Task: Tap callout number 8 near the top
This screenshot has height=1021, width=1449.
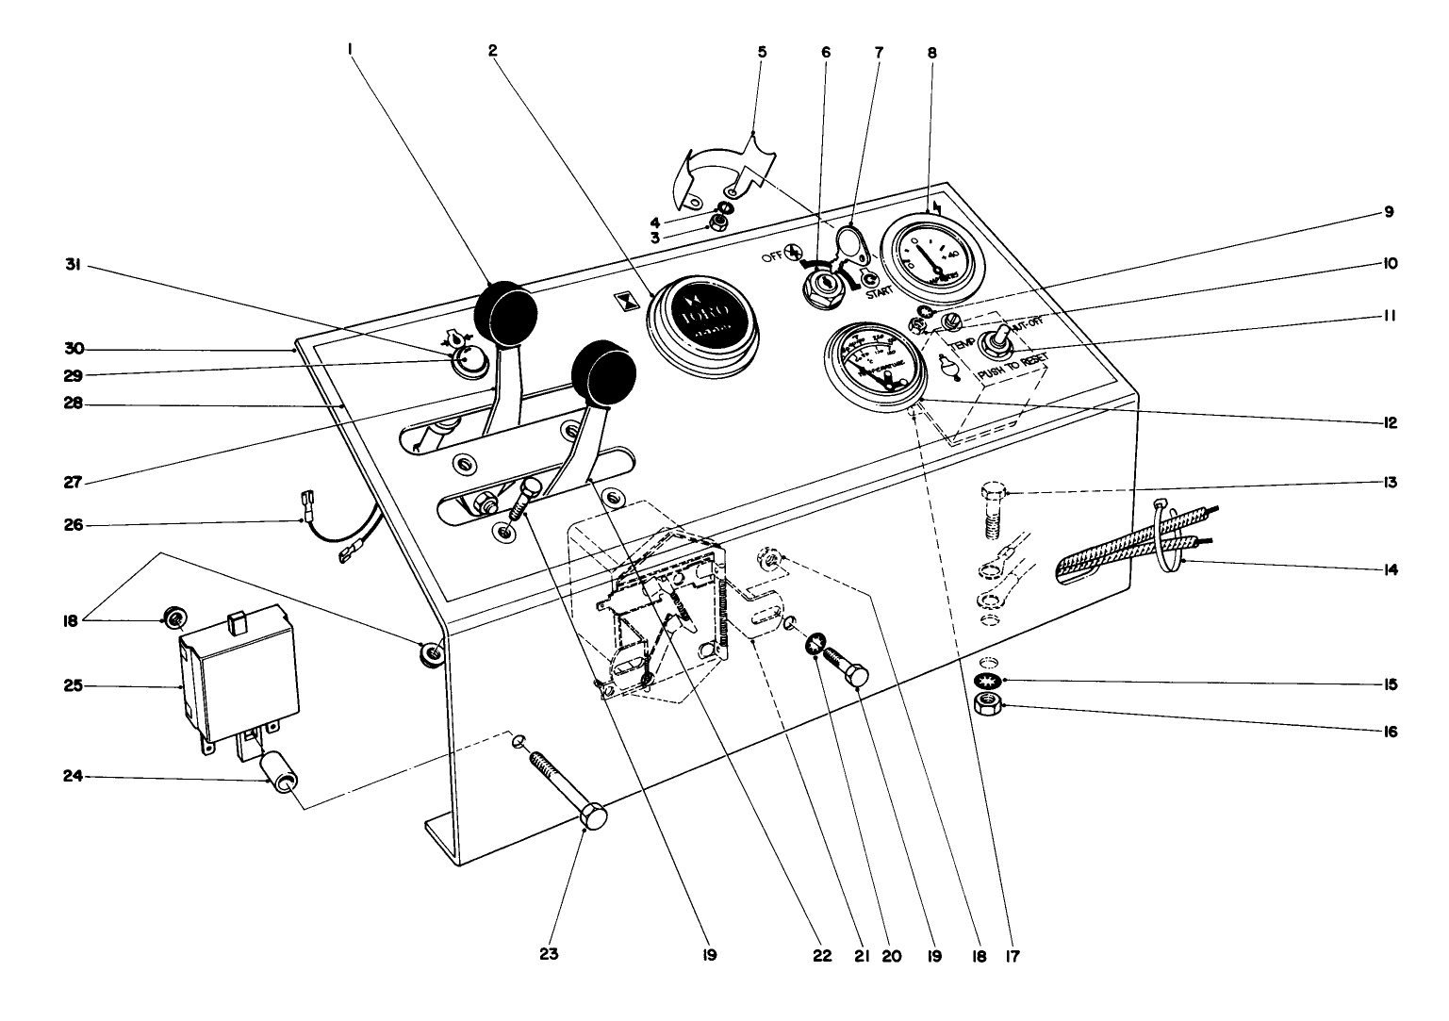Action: point(932,53)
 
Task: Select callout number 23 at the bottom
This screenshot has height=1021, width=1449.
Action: point(550,954)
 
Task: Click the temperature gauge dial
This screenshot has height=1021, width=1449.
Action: point(869,365)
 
